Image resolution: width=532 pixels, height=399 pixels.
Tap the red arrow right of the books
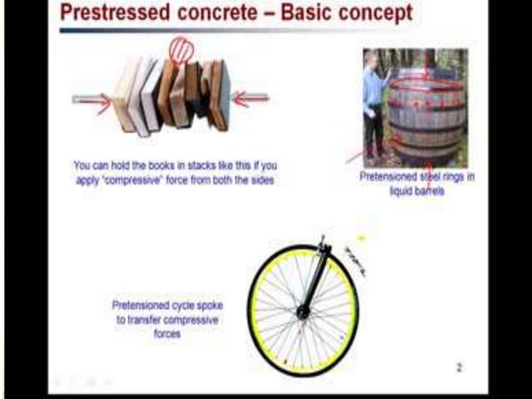(250, 99)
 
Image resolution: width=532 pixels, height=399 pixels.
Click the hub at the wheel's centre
(303, 312)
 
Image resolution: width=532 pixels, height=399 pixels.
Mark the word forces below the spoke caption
(168, 333)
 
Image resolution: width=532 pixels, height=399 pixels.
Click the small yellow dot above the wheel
(361, 239)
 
